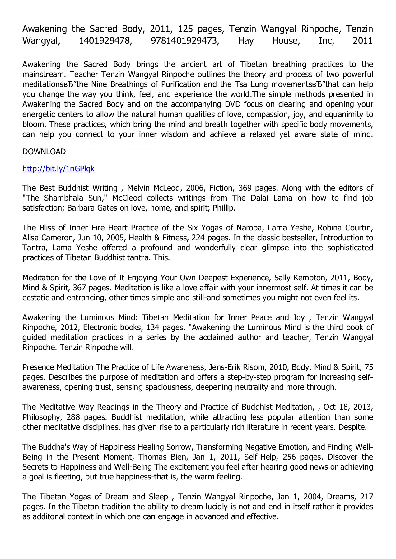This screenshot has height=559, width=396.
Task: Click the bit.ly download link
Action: click(x=58, y=169)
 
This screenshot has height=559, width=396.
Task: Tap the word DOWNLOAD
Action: click(x=44, y=152)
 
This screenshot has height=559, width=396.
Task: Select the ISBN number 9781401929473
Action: click(x=185, y=41)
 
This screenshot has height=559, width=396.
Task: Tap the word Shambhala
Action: click(x=65, y=198)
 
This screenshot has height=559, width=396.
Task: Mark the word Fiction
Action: click(x=221, y=188)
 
